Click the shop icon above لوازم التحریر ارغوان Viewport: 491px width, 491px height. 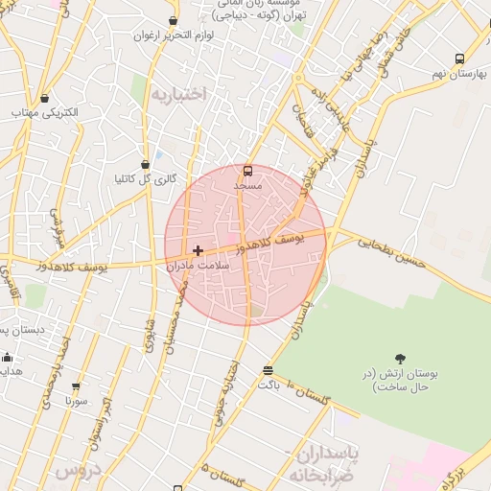pos(173,21)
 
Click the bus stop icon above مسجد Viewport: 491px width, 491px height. pos(248,171)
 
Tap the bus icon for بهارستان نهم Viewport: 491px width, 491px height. pos(459,58)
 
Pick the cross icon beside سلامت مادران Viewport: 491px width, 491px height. pos(198,251)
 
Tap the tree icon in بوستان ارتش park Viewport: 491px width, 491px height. pos(400,358)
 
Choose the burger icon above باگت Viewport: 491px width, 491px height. pos(268,370)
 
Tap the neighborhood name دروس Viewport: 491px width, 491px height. pos(78,471)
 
